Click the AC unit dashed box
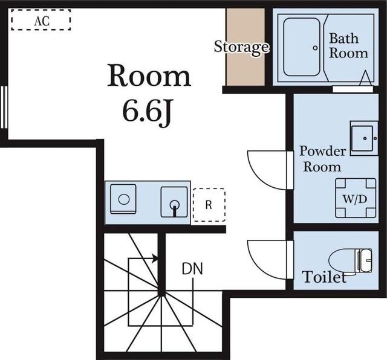(x=41, y=10)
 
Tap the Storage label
(x=241, y=48)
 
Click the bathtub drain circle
(x=315, y=48)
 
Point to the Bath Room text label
(x=348, y=46)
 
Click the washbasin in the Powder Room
(x=364, y=138)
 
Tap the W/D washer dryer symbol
(x=356, y=198)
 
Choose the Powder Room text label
(x=322, y=159)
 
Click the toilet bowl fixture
(x=351, y=261)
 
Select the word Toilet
(x=325, y=277)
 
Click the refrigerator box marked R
(x=209, y=189)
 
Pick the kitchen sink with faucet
(x=174, y=202)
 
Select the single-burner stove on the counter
(x=123, y=199)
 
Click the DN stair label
(x=192, y=269)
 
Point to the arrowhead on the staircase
(x=155, y=259)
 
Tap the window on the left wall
(x=4, y=107)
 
